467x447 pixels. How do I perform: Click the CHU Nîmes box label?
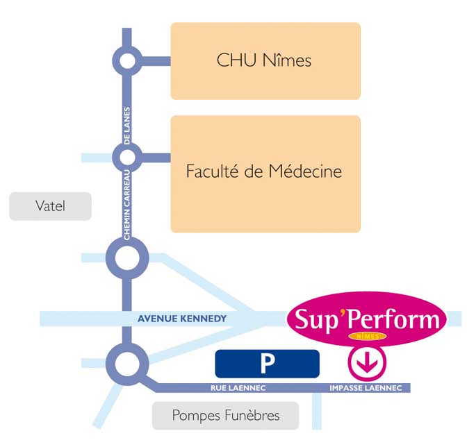point(264,60)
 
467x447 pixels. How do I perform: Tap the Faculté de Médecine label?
point(264,171)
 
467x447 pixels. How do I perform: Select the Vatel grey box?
point(50,206)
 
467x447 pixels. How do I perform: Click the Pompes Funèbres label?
point(225,416)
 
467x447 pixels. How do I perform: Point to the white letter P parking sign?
point(267,364)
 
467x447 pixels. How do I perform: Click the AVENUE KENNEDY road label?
point(182,319)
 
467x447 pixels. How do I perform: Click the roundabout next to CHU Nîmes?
point(127,60)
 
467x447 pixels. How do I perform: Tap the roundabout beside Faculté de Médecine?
point(127,153)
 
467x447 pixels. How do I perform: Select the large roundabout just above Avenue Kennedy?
point(127,259)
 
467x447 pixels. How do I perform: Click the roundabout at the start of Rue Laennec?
point(127,362)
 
